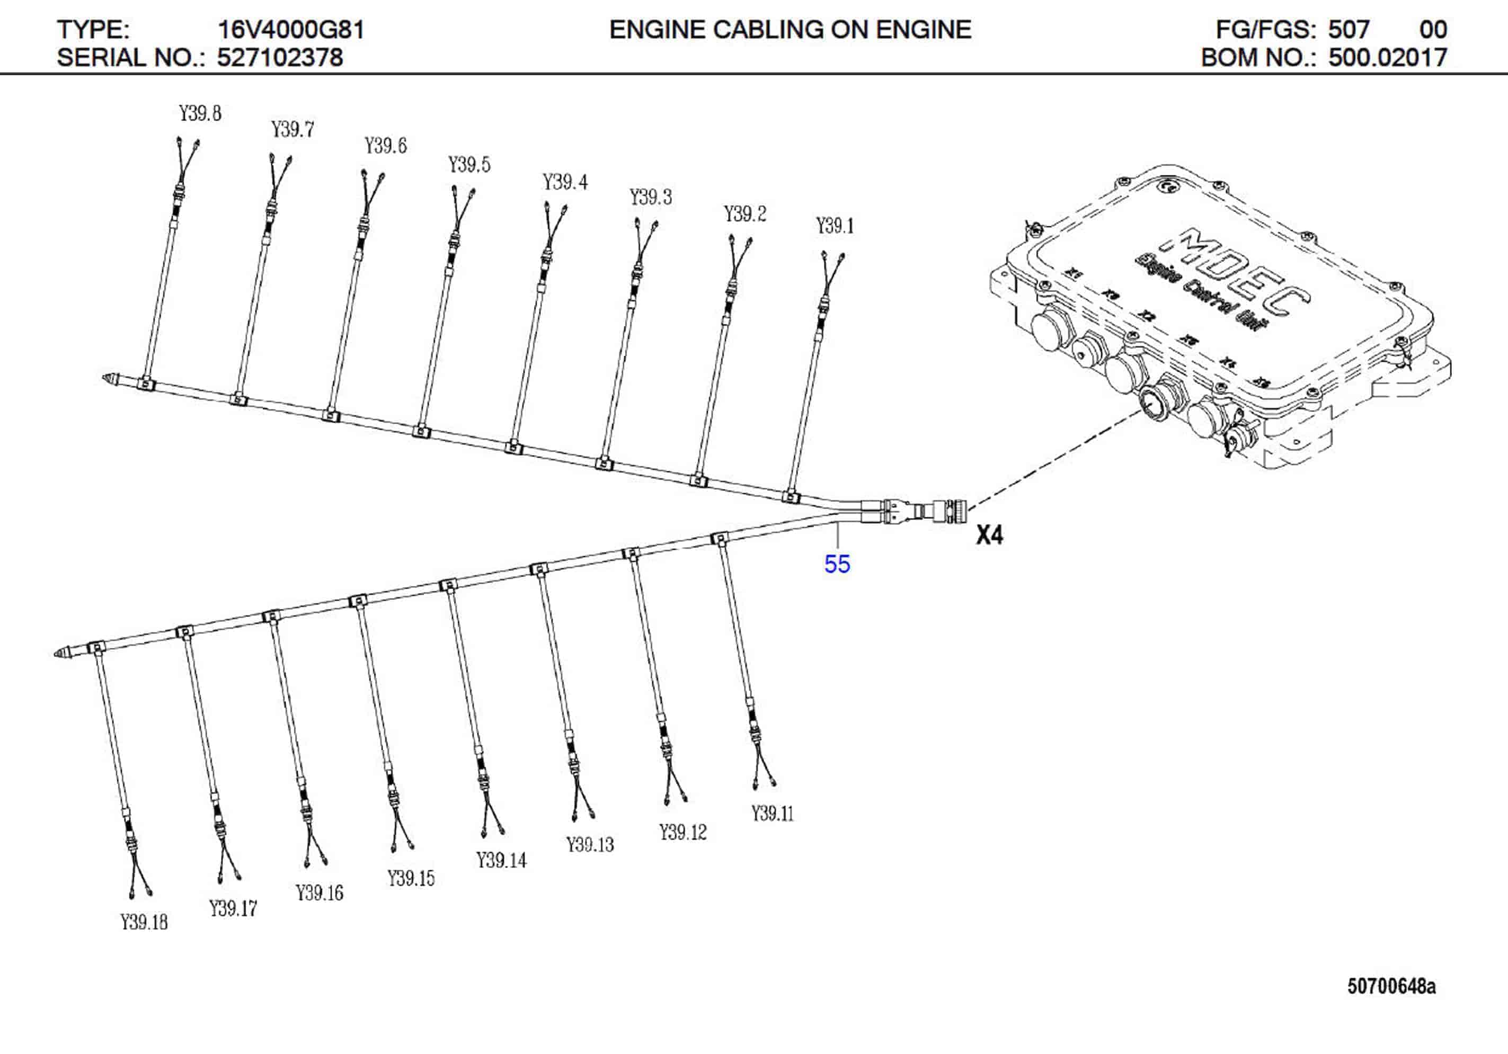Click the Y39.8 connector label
point(200,113)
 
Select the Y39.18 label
point(144,922)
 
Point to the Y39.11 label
point(773,814)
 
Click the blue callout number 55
point(837,564)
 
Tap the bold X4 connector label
point(989,535)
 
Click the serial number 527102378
point(280,58)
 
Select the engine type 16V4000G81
point(290,30)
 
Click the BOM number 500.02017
point(1387,58)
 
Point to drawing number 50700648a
point(1391,986)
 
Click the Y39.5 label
point(469,164)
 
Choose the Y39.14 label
point(501,860)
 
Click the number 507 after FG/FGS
point(1349,30)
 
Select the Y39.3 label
point(650,197)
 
